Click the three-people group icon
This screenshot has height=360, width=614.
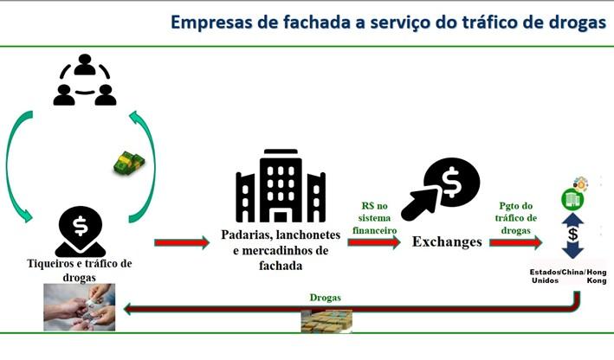point(84,81)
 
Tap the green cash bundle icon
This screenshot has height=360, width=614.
point(130,162)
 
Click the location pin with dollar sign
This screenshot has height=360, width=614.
point(81,230)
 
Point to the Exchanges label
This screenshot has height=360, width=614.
point(447,241)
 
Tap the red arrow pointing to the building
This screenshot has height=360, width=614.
point(182,243)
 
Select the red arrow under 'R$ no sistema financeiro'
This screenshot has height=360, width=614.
point(374,243)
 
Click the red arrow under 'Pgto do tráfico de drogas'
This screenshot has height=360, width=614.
point(516,243)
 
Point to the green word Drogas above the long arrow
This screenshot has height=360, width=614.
point(326,298)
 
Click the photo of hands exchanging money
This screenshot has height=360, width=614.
point(80,307)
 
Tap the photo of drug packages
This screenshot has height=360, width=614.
point(326,320)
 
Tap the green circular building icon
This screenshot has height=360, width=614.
point(572,200)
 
